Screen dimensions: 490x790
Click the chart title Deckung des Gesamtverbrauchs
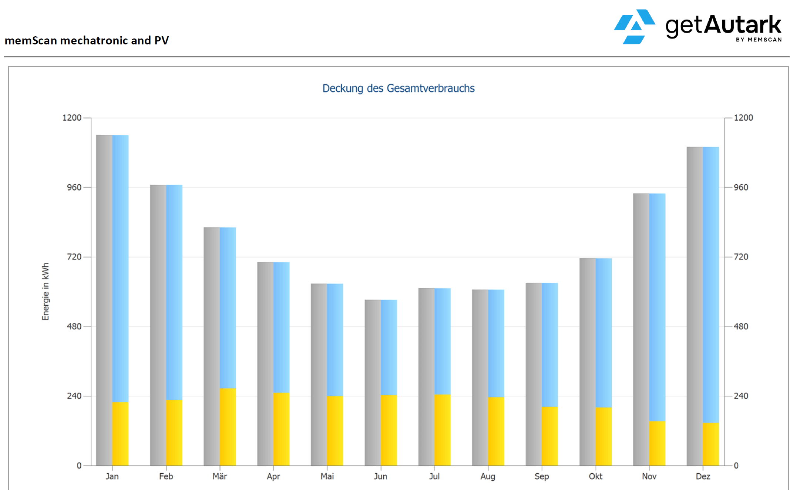tap(398, 88)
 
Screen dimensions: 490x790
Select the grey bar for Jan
tap(104, 300)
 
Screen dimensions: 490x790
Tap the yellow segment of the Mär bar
tap(228, 427)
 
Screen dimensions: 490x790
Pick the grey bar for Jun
tap(373, 382)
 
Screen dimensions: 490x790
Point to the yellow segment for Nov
tap(657, 443)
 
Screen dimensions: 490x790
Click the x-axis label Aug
tap(488, 476)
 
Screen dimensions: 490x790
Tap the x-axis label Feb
tap(166, 476)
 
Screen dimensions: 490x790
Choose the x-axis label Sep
tap(541, 476)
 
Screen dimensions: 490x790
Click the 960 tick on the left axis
tap(74, 187)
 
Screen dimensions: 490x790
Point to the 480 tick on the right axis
tap(741, 326)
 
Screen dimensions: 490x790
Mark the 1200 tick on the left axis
tap(72, 118)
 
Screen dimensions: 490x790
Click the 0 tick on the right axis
tap(736, 466)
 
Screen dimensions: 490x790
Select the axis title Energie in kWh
tap(46, 292)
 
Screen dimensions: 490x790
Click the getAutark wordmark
tap(723, 25)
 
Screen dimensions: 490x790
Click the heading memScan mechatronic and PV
tap(87, 40)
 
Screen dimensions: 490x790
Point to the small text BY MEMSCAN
tap(759, 40)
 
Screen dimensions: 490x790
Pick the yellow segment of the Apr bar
tap(282, 429)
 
